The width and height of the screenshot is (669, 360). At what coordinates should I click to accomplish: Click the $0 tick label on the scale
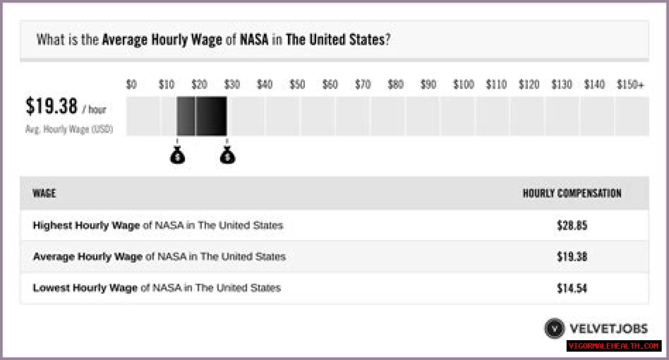coord(131,85)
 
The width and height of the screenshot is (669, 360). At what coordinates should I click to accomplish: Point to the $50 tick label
coord(297,85)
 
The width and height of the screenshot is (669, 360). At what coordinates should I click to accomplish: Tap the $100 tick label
coord(463,85)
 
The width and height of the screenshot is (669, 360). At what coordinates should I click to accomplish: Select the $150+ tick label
coord(630,85)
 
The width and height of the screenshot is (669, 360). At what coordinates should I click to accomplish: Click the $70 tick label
coord(363,85)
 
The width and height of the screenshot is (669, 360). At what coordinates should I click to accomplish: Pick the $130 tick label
coord(562,85)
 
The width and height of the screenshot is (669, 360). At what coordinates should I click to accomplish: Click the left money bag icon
coord(178,155)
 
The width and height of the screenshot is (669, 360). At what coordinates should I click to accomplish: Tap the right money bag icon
coord(227,155)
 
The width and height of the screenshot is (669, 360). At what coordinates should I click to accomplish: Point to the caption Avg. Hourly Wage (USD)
coord(69,129)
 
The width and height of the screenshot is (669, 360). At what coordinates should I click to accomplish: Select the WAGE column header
coord(44,193)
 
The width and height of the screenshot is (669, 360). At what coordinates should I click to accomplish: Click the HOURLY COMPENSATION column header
coord(572,193)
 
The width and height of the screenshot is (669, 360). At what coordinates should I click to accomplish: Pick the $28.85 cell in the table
coord(572,226)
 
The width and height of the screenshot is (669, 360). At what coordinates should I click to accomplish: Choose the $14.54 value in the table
coord(572,288)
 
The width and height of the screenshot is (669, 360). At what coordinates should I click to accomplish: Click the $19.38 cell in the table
coord(572,257)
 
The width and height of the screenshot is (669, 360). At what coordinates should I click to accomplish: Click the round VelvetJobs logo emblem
coord(554,329)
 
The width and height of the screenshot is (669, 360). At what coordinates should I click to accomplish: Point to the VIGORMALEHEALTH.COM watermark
coord(614,346)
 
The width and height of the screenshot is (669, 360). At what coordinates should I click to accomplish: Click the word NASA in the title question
coord(253,40)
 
